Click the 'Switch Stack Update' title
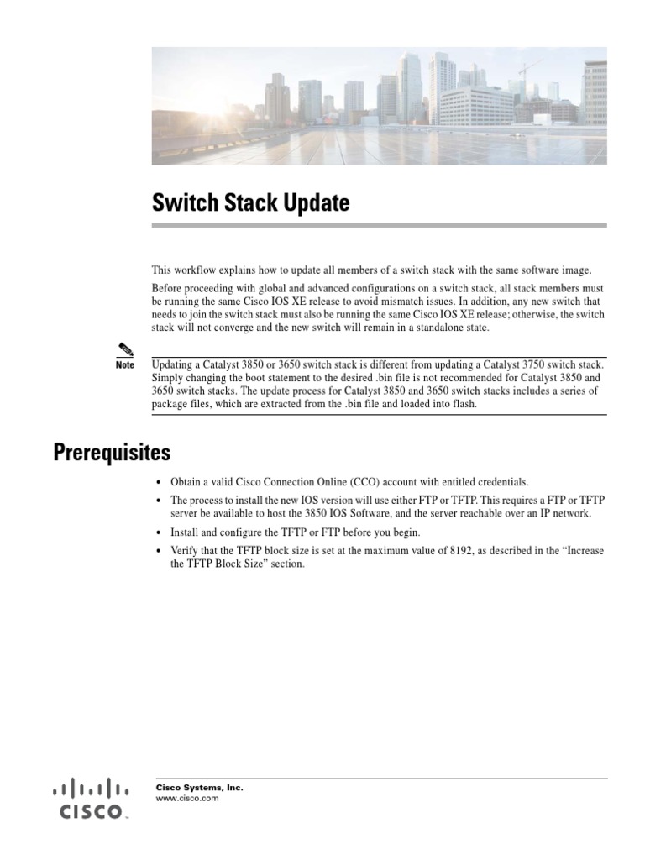tap(250, 203)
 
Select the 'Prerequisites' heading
tap(112, 453)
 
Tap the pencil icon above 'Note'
tap(125, 350)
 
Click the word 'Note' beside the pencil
tap(125, 365)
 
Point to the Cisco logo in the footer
tap(92, 799)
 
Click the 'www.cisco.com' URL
tap(187, 799)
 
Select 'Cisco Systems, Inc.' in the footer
tap(200, 788)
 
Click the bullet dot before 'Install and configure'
tap(160, 532)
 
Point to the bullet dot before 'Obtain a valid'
tap(160, 482)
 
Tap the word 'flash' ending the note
tap(464, 404)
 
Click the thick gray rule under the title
tap(379, 225)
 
